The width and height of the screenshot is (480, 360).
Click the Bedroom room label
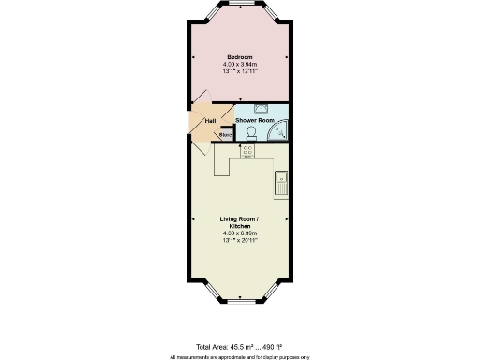click(240, 57)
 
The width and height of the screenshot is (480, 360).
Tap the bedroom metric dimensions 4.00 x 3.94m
click(240, 64)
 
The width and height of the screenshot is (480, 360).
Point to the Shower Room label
click(253, 121)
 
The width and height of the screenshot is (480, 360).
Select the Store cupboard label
click(225, 135)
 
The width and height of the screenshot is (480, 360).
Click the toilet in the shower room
click(252, 133)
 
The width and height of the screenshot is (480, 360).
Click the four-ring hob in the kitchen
click(248, 151)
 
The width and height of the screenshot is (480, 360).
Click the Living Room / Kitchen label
click(240, 221)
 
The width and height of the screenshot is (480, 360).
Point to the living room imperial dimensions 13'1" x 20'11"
click(240, 240)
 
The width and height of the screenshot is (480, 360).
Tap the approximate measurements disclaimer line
click(240, 356)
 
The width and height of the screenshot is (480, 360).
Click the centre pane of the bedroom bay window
click(240, 8)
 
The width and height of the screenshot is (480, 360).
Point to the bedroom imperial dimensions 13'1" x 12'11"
click(240, 71)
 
